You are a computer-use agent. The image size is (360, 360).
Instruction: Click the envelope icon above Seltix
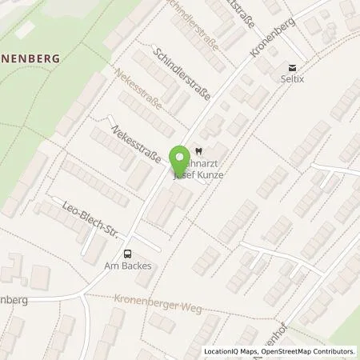pos(293,68)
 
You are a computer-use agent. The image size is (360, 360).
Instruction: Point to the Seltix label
pos(293,81)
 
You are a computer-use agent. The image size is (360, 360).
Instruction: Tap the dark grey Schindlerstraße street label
pos(183,78)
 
